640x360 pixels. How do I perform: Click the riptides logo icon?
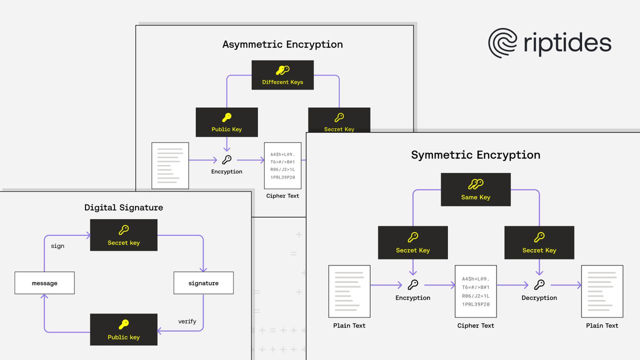point(502,43)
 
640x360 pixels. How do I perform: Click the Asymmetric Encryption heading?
point(282,44)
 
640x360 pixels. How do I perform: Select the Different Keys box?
point(282,75)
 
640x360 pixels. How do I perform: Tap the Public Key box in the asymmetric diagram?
point(226,122)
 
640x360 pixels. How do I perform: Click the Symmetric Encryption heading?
point(475,155)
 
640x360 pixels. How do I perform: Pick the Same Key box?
point(475,189)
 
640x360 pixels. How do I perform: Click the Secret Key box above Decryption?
point(539,242)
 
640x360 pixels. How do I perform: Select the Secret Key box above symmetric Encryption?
point(412,242)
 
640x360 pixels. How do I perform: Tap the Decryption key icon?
point(539,285)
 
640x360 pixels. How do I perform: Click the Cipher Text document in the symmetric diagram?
point(475,291)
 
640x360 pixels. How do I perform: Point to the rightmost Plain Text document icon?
point(602,291)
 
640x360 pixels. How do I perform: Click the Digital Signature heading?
point(123,207)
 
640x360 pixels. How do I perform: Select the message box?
point(44,283)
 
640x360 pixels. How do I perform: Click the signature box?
point(203,283)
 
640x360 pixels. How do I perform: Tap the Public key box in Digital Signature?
point(123,329)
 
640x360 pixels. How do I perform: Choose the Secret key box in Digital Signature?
point(123,235)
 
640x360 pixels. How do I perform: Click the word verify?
point(187,321)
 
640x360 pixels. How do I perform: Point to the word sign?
point(57,246)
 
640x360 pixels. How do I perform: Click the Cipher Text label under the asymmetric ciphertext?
point(282,196)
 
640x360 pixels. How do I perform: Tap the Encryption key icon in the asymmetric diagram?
point(226,160)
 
